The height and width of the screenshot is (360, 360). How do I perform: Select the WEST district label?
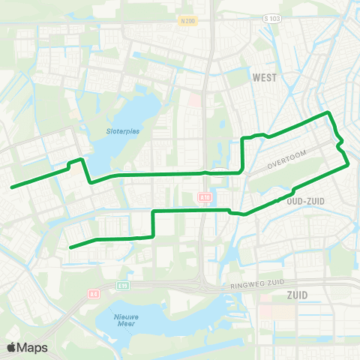pos(265,77)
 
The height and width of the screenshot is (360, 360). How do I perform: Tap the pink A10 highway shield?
pos(204,197)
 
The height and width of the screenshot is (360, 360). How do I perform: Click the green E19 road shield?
pos(123,286)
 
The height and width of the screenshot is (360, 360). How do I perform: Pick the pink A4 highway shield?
pos(93,294)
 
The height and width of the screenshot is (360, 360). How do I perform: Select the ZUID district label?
pos(297,295)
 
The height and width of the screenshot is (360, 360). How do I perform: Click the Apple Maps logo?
pos(26,347)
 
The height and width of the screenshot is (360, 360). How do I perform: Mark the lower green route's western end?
pos(70,247)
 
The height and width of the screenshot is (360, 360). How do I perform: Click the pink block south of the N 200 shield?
pos(194,100)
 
